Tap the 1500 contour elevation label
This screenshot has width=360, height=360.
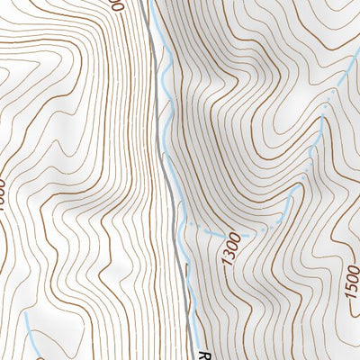pos(352,283)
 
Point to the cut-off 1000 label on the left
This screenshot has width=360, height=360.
pos(3,193)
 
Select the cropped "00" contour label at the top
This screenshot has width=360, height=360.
pos(113,4)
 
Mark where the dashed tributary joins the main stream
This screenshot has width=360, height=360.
pos(184,223)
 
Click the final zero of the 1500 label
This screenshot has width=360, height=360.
pos(352,270)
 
